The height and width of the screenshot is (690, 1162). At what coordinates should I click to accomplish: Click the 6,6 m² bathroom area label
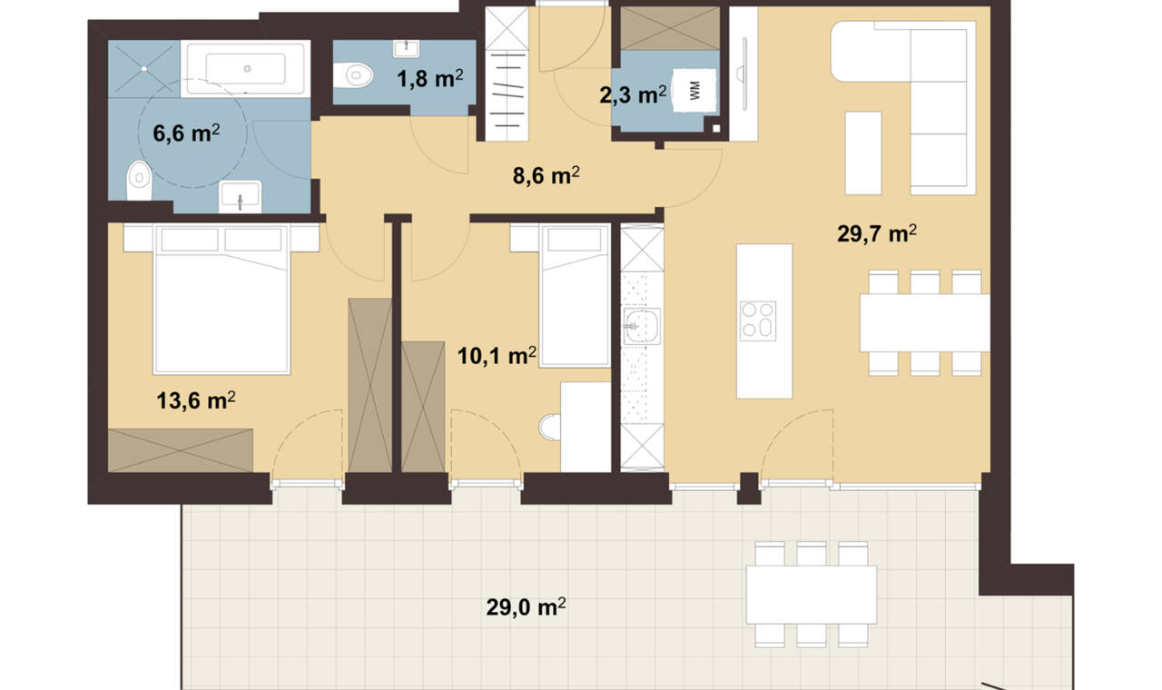point(186,133)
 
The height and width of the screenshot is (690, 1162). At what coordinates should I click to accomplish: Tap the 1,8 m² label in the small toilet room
point(430,79)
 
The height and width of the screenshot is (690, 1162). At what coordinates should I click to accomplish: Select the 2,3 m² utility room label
point(633,95)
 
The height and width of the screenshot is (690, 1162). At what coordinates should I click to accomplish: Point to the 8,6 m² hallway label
point(547,175)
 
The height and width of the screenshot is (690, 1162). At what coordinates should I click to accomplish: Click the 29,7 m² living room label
point(877,233)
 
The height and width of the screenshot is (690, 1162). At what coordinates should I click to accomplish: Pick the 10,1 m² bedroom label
point(497,356)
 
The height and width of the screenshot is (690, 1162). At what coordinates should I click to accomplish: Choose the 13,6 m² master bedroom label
point(196,400)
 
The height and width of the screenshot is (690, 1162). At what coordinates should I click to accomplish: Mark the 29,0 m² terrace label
point(526,606)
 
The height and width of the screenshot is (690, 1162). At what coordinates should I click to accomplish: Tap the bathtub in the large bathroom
point(245,68)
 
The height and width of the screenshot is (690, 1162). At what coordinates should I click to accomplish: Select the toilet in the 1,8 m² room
point(353,75)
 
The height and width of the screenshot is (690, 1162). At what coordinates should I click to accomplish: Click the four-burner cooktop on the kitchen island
point(758,320)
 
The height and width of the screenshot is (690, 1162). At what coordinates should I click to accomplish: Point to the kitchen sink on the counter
point(642,326)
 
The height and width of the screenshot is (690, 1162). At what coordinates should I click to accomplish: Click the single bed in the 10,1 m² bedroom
point(575,295)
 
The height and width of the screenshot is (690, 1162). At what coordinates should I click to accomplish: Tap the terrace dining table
point(812,595)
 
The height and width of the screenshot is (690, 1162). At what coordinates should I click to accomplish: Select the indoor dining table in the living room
point(925,322)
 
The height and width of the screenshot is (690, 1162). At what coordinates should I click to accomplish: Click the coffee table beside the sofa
point(863,153)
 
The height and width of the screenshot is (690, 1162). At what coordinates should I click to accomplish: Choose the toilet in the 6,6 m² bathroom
point(139,181)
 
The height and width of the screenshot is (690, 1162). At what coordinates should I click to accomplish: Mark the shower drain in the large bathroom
point(144,68)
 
